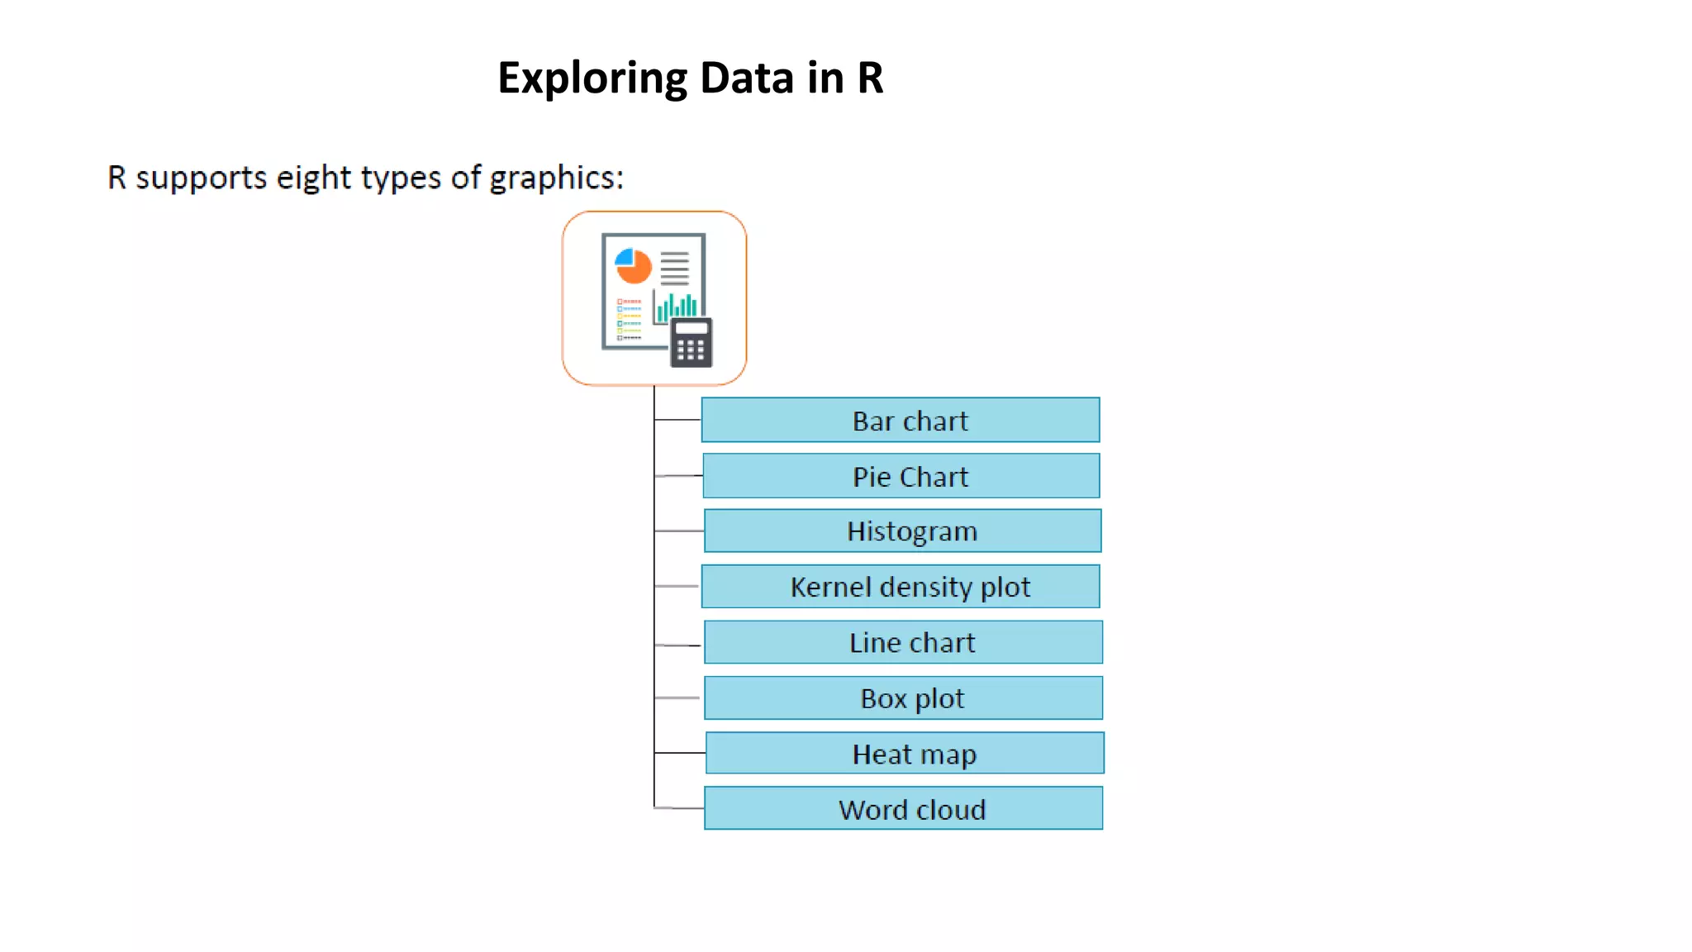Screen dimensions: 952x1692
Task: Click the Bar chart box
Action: (x=901, y=420)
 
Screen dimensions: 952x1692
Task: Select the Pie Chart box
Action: (x=901, y=476)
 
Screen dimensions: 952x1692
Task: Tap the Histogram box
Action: (x=902, y=531)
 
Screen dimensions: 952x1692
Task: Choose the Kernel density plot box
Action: (x=901, y=587)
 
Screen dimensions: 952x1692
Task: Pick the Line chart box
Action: (x=903, y=642)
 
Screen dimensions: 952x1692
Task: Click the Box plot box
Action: (x=903, y=698)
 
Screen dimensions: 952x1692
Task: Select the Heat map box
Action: (x=905, y=753)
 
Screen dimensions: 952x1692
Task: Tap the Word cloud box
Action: (x=903, y=808)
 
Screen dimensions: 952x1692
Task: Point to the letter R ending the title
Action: (x=870, y=78)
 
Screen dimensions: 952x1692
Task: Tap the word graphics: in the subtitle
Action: (x=556, y=178)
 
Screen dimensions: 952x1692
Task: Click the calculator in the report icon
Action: (x=692, y=342)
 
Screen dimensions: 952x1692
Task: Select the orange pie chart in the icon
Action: (x=634, y=266)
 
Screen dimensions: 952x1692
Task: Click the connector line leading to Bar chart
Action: (x=677, y=420)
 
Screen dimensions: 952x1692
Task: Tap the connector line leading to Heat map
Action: (x=679, y=753)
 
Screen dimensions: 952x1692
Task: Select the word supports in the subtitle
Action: (x=201, y=178)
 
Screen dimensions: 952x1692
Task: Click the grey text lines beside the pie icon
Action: (x=674, y=268)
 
